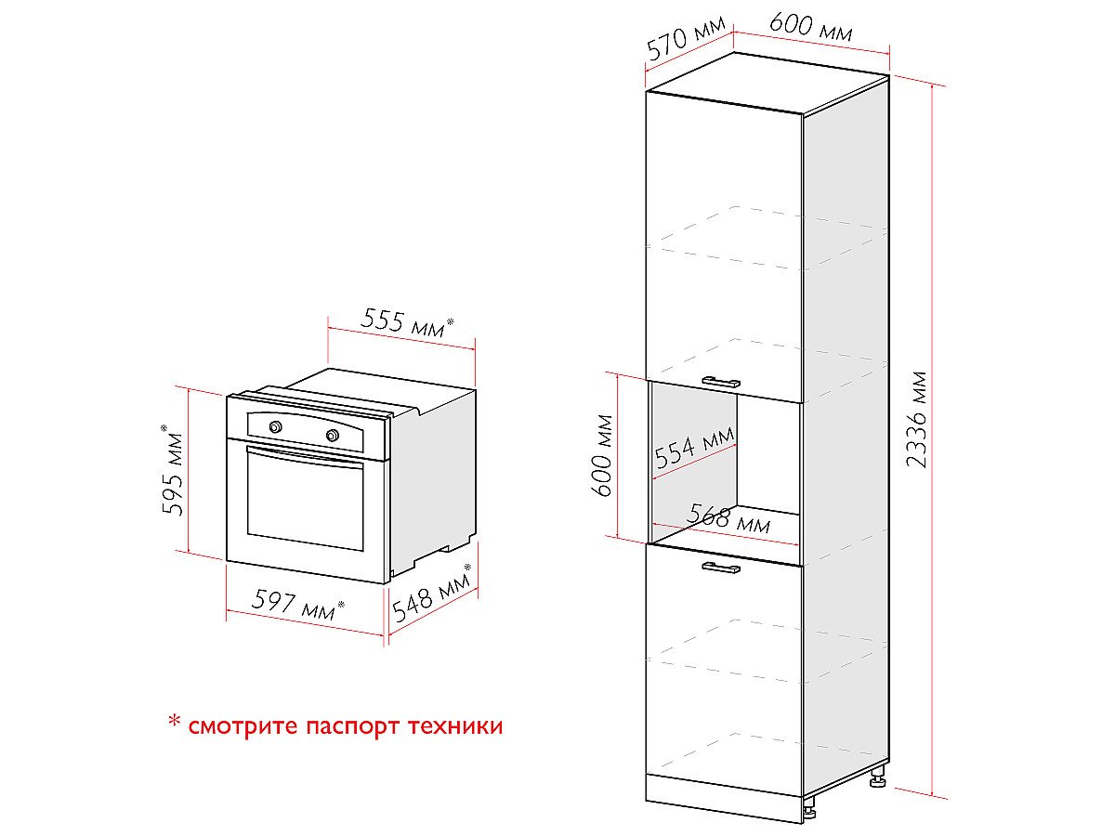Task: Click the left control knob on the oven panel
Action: [275, 427]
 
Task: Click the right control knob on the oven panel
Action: [333, 435]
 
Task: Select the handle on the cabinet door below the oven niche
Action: [721, 568]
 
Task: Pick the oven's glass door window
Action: [306, 499]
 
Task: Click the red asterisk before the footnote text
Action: [175, 722]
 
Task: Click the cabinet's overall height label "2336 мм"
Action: [917, 419]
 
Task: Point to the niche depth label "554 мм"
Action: [694, 447]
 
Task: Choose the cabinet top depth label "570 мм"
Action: [687, 39]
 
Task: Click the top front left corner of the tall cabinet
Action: [647, 91]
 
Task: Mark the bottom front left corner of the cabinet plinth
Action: [646, 801]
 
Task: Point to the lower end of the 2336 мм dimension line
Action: [933, 796]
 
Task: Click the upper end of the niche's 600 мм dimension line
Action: [617, 374]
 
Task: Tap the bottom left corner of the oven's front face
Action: [227, 560]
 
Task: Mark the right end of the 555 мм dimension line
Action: [475, 349]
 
